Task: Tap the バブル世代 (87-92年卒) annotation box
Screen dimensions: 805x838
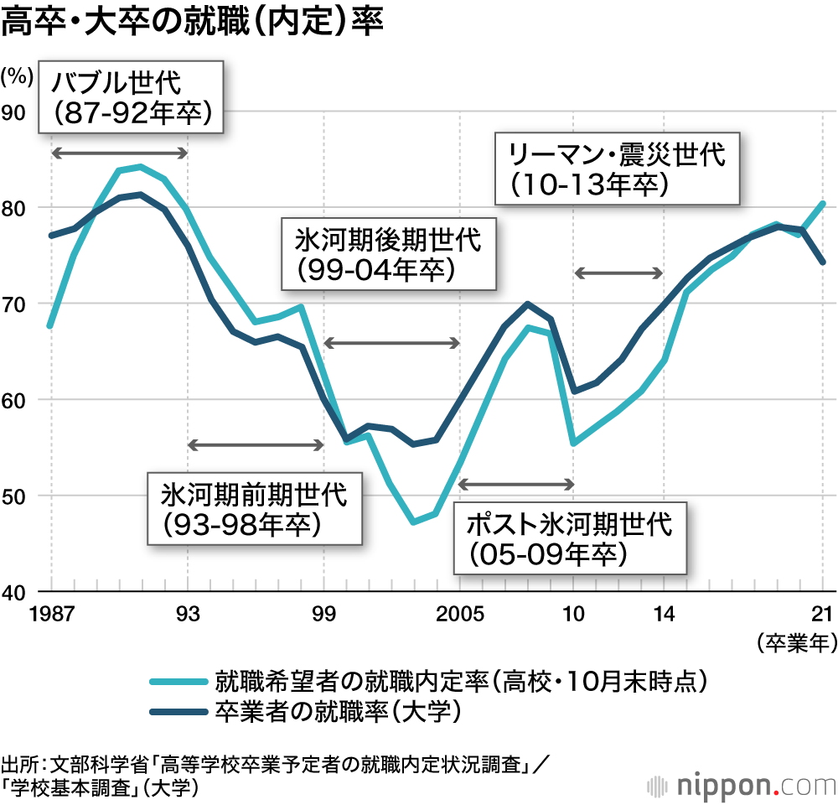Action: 131,96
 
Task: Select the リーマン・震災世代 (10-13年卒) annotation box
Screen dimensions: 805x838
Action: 618,168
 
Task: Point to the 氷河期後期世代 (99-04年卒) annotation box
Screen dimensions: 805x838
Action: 388,253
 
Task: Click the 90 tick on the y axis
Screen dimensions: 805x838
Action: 18,112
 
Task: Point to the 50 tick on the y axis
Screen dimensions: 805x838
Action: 18,496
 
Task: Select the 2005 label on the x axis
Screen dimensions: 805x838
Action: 459,612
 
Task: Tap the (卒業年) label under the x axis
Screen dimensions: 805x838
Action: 797,643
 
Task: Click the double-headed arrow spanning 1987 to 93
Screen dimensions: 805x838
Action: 119,153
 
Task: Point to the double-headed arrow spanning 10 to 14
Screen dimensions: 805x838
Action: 618,273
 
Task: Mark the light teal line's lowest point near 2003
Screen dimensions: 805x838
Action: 414,522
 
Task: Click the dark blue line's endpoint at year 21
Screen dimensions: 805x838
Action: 823,262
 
